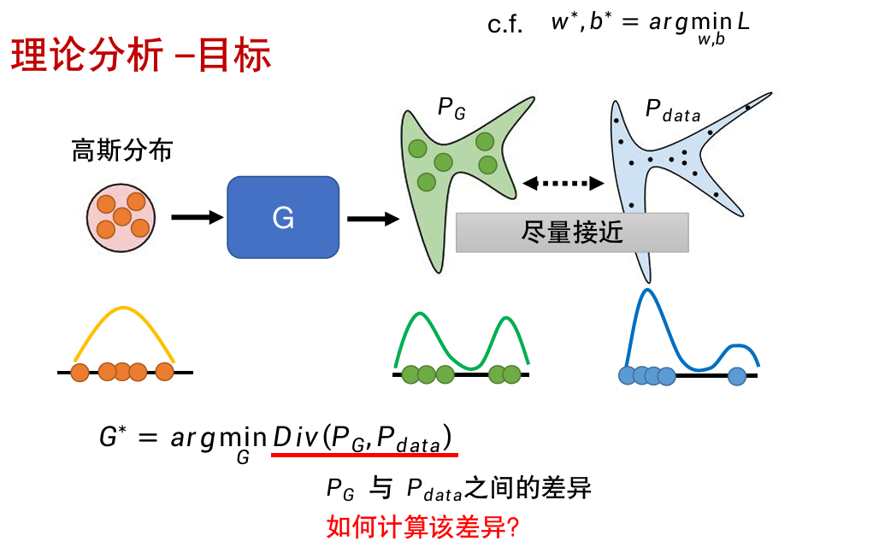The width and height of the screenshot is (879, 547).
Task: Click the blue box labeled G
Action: click(283, 217)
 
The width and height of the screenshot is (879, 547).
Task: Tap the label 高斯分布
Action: click(121, 151)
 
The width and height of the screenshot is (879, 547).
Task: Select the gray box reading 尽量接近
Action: click(572, 232)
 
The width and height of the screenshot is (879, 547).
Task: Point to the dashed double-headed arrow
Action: click(563, 182)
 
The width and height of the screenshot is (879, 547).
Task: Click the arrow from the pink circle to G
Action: click(197, 217)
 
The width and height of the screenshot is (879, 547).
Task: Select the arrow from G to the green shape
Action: click(373, 219)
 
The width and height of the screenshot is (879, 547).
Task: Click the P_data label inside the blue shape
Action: click(672, 111)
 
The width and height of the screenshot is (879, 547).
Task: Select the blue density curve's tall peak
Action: click(647, 293)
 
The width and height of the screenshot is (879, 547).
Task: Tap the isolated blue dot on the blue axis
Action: click(737, 374)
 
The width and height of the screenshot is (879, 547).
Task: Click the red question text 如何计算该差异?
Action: click(423, 526)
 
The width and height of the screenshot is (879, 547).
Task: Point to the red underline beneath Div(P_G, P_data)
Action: click(364, 456)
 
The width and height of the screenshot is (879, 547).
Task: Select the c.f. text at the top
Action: click(505, 25)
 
